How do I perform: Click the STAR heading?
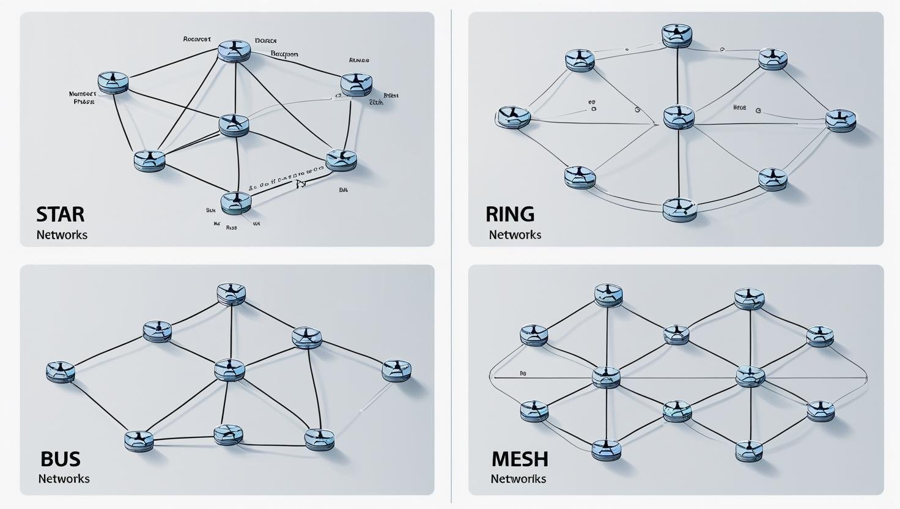[x=60, y=214]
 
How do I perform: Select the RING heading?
[x=510, y=214]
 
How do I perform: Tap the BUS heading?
[x=60, y=459]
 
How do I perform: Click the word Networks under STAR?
[x=62, y=235]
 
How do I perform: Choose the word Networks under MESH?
[x=518, y=478]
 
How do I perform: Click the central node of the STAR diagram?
[x=234, y=124]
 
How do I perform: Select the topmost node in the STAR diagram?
[x=235, y=50]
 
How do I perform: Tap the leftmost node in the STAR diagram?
[x=113, y=83]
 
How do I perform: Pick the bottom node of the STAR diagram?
[x=235, y=202]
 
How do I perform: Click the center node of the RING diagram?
[x=679, y=116]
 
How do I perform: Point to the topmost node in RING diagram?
[x=676, y=35]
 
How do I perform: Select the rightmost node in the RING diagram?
[x=841, y=121]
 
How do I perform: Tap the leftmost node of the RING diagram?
[x=512, y=117]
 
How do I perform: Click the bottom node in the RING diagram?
[x=679, y=209]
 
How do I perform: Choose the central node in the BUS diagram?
[x=230, y=370]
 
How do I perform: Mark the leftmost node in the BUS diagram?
[x=61, y=372]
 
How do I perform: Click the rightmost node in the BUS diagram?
[x=396, y=370]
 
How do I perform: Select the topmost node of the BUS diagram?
[x=231, y=294]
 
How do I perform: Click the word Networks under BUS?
[x=64, y=478]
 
